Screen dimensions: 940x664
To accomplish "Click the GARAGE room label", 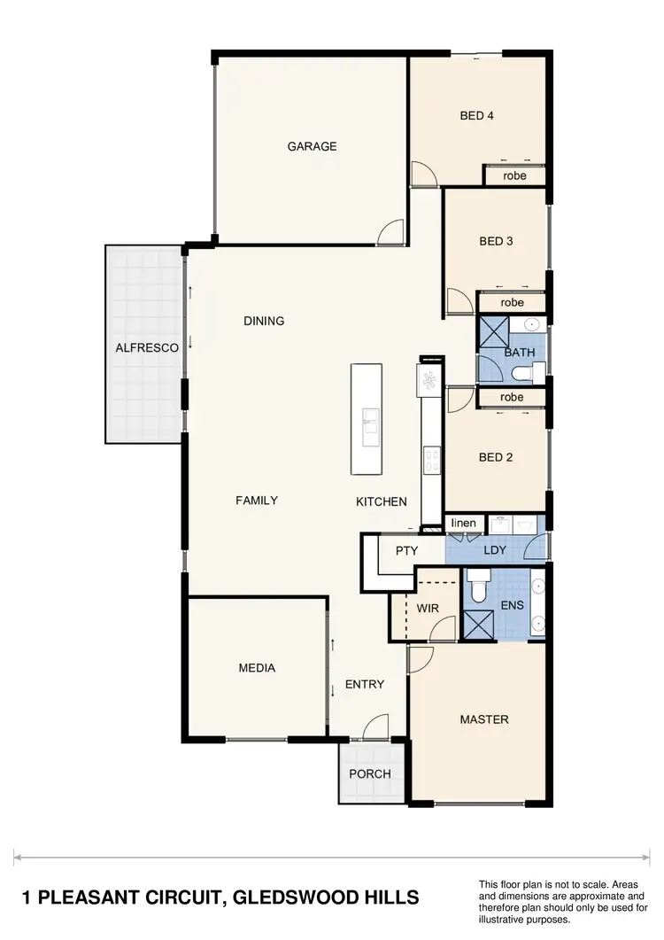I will (312, 146).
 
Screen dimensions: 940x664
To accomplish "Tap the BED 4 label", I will (476, 115).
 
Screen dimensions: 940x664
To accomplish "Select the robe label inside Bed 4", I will (514, 175).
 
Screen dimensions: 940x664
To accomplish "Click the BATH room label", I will (520, 353).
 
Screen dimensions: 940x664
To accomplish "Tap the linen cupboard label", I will (464, 524).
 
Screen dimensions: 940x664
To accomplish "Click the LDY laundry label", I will (495, 550).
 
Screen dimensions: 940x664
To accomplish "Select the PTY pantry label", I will (406, 550).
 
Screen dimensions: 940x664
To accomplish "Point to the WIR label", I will (427, 609).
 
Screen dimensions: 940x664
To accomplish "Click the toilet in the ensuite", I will (478, 589).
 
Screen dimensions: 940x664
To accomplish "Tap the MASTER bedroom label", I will (484, 719).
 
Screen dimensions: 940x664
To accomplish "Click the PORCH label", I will (370, 773).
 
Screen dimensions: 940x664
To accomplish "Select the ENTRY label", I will (365, 684).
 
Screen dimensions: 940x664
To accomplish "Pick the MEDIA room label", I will (257, 668).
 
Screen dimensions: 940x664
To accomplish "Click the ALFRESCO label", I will (147, 348).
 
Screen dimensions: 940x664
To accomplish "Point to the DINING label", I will (264, 321).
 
